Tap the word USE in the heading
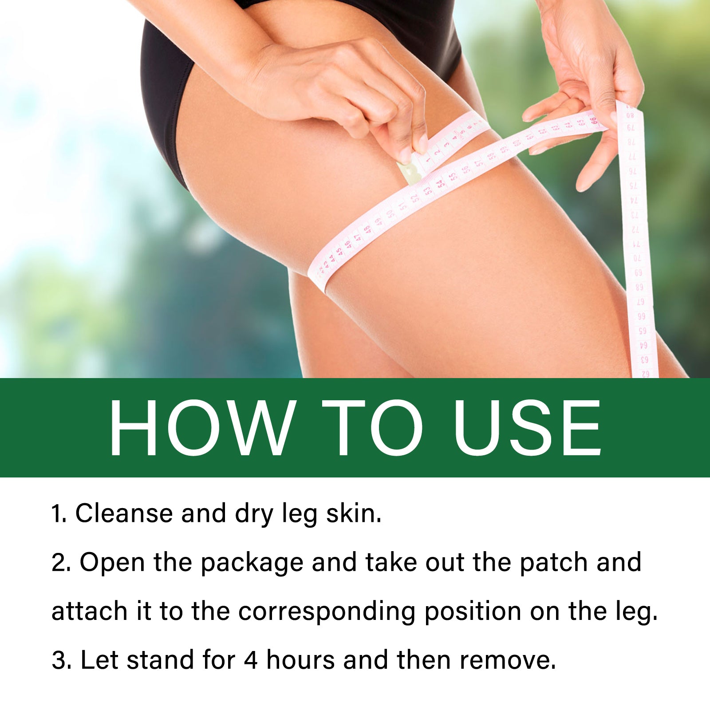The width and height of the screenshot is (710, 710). [528, 428]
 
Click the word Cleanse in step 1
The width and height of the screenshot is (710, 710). [124, 513]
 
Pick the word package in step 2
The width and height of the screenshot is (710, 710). [252, 563]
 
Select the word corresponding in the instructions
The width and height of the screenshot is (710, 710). [327, 612]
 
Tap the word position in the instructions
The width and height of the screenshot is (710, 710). [473, 612]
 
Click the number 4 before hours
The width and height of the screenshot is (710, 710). [251, 660]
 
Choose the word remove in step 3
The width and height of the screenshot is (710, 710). [508, 660]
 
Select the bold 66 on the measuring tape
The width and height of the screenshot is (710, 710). [593, 120]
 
